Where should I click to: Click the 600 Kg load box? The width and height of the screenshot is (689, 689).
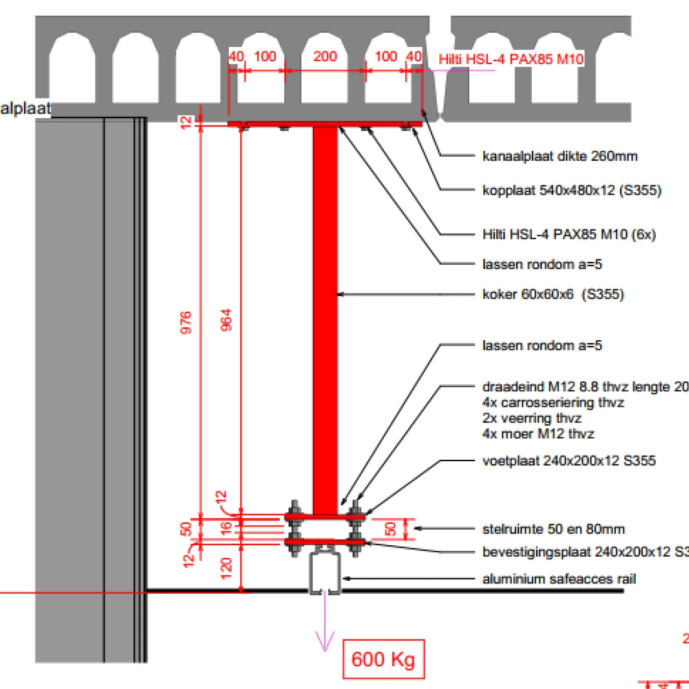[x=383, y=659]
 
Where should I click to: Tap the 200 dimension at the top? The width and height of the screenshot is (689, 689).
[x=325, y=57]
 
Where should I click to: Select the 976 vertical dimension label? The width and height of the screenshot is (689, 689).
[x=186, y=322]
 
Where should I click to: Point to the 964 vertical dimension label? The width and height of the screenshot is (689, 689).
[x=227, y=320]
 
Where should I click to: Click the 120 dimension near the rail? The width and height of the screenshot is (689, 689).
[x=227, y=568]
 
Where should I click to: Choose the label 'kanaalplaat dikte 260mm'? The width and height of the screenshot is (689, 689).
[x=560, y=157]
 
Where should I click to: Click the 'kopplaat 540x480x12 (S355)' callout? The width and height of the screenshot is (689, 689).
[x=572, y=190]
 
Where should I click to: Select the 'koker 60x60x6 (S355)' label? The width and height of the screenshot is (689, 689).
[x=553, y=294]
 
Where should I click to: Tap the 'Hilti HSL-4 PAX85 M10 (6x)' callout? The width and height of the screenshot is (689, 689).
[x=569, y=234]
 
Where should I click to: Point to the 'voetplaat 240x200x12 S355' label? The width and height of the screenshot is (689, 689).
[x=569, y=461]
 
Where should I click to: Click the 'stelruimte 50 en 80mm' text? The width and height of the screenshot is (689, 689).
[x=553, y=529]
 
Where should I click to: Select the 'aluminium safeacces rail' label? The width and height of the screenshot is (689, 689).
[x=559, y=579]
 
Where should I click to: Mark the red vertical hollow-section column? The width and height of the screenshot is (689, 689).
[x=325, y=318]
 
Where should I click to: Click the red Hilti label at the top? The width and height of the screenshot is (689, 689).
[x=511, y=59]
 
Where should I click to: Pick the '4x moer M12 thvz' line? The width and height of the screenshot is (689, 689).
[x=538, y=434]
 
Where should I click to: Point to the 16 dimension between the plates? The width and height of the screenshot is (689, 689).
[x=227, y=528]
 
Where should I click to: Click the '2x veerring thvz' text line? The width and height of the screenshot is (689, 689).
[x=532, y=418]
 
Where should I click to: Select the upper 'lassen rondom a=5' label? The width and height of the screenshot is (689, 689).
[x=542, y=264]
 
